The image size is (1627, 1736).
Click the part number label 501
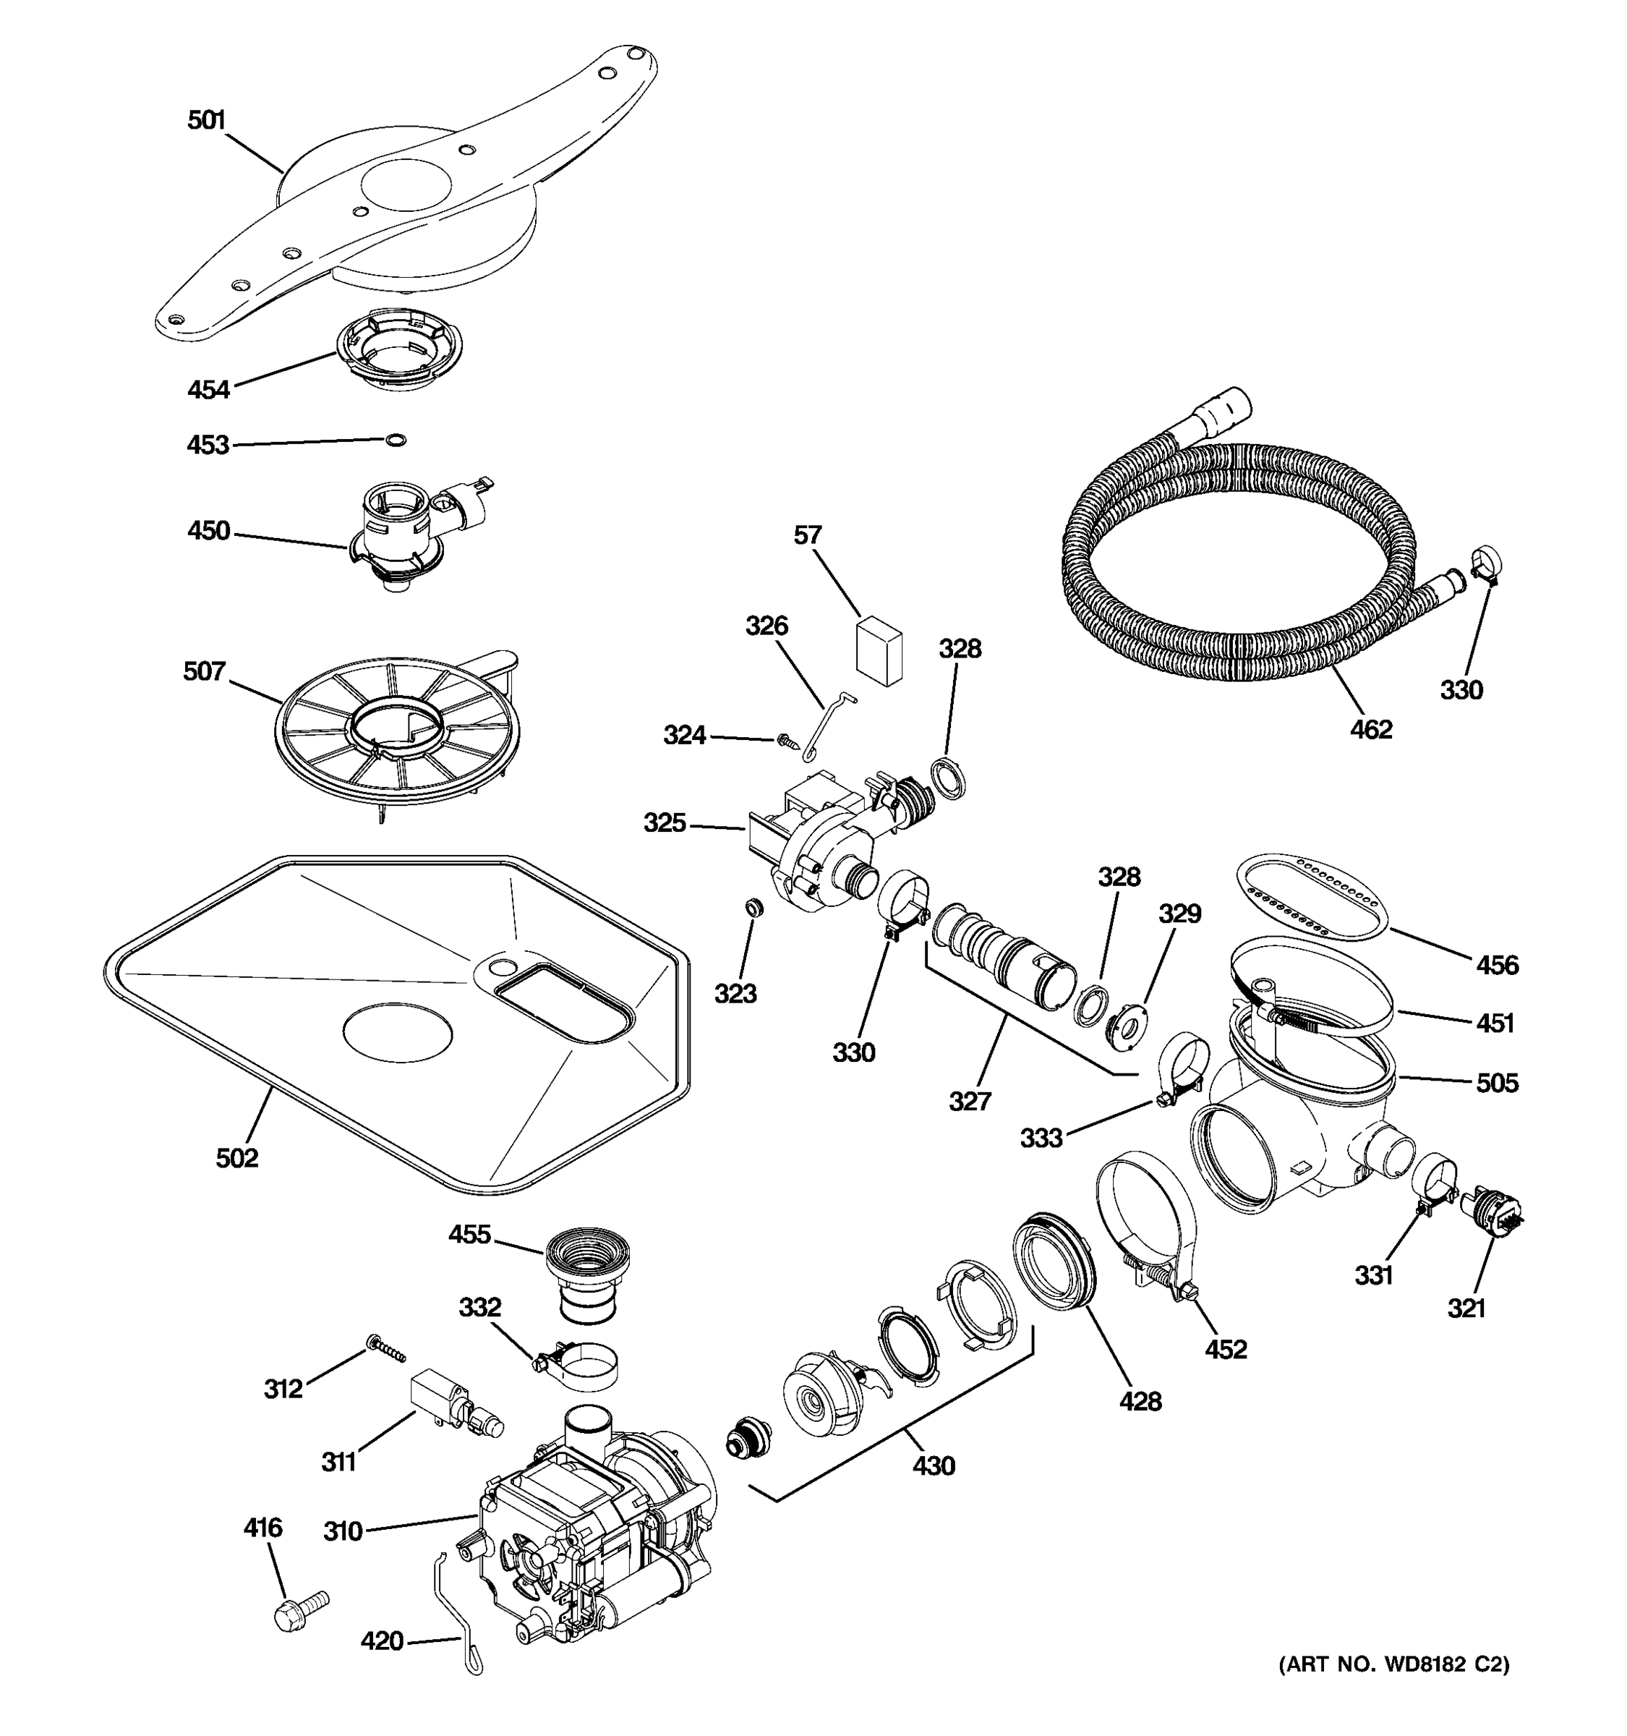point(207,121)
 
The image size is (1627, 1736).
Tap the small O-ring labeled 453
point(396,440)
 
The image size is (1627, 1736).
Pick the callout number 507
point(204,671)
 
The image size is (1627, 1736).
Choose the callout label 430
point(933,1465)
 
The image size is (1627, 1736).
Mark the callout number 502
point(237,1158)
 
